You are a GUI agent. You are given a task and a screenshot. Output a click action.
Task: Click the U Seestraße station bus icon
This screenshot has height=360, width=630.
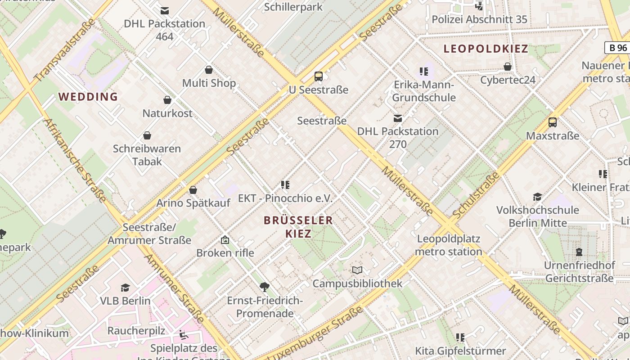pos(319,76)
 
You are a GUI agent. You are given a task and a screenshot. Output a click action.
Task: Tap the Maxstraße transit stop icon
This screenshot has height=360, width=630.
pos(553,122)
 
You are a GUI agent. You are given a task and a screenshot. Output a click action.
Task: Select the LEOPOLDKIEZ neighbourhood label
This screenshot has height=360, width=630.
pos(486,49)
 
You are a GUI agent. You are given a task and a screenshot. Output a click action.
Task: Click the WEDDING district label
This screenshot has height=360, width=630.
pos(88,97)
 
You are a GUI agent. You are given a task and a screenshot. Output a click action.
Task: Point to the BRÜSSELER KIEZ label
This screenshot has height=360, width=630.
pos(298,227)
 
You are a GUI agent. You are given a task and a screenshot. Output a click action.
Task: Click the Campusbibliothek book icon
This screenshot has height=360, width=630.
pos(357,270)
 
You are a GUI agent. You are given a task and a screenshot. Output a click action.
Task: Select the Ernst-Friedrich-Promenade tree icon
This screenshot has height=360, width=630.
pos(265,287)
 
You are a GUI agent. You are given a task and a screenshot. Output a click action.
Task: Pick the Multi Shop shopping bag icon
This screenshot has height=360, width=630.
pos(209,70)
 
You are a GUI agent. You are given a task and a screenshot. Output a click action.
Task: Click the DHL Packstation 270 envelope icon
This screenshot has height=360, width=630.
pos(398,118)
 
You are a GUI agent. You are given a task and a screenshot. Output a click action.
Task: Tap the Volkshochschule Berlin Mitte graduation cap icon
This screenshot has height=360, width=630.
pos(537,197)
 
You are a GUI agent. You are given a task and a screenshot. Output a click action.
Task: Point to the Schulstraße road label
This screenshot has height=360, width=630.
pos(477,196)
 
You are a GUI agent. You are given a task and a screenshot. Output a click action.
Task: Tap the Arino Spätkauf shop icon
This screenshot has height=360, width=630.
pos(193,190)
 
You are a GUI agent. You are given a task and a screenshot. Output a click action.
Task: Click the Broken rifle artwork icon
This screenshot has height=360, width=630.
pos(225,240)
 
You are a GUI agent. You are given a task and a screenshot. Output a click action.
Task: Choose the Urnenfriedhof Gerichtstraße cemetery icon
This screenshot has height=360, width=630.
pos(579,252)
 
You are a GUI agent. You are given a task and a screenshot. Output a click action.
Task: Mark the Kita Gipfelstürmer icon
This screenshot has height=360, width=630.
pos(460,337)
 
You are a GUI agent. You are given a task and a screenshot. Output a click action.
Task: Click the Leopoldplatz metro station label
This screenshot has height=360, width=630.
pos(448,245)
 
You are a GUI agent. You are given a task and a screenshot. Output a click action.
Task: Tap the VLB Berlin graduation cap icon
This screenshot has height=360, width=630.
pos(125,288)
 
